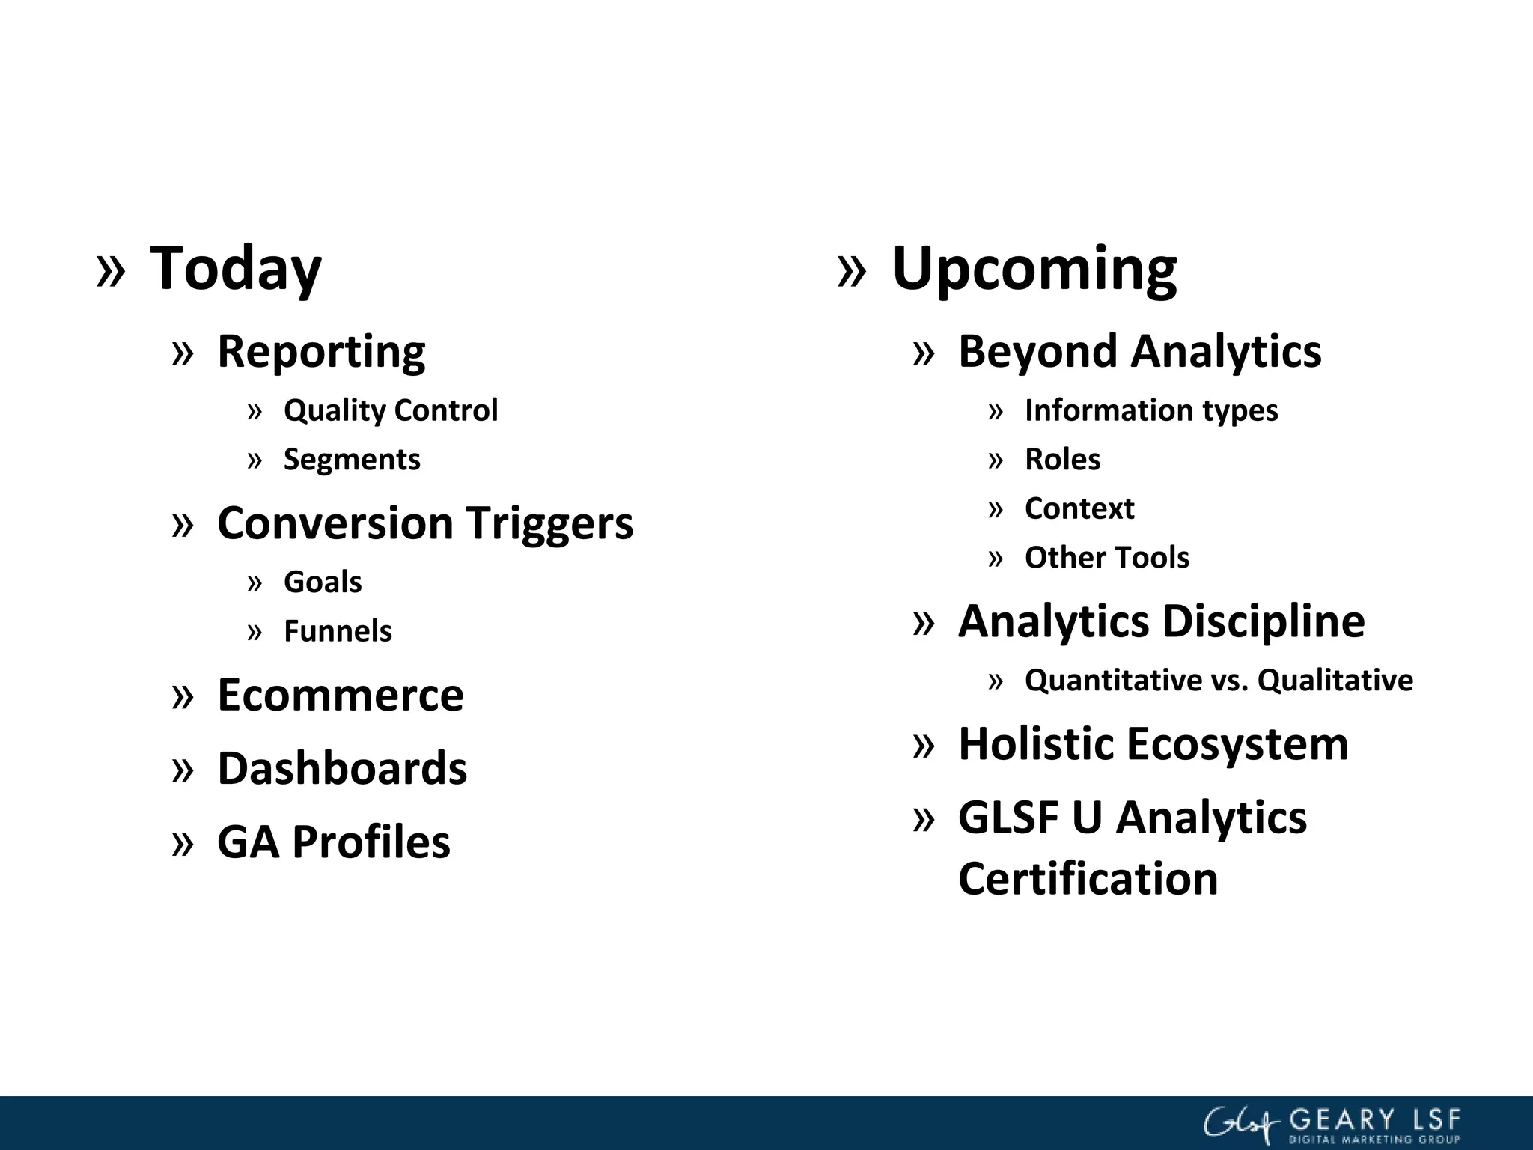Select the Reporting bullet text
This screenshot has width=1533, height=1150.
[321, 351]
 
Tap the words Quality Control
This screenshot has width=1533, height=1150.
[390, 410]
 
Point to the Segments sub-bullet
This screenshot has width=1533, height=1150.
[352, 459]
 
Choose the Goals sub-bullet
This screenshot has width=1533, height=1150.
[323, 582]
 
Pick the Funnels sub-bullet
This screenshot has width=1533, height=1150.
[338, 631]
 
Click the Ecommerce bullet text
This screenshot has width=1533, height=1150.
[340, 695]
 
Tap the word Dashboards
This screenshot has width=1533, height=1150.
[342, 768]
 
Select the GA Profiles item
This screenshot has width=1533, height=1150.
[333, 842]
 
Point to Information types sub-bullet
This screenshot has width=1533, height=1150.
[1151, 410]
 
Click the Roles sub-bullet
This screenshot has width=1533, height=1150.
[1062, 459]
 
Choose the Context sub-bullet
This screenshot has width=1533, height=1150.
[1079, 508]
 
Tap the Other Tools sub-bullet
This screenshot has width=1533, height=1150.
[1106, 558]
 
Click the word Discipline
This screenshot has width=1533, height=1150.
[1263, 621]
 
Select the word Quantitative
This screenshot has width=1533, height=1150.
[1112, 681]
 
